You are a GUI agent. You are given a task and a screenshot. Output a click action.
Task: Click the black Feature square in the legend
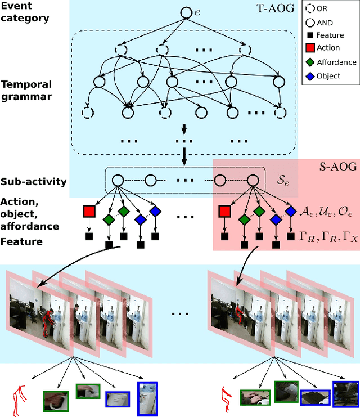point(309,35)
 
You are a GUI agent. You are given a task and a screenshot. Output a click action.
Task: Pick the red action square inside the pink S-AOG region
point(224,211)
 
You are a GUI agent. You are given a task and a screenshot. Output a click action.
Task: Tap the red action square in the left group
point(89,211)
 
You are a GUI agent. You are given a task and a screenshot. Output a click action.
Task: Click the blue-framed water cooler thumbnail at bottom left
point(147,398)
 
